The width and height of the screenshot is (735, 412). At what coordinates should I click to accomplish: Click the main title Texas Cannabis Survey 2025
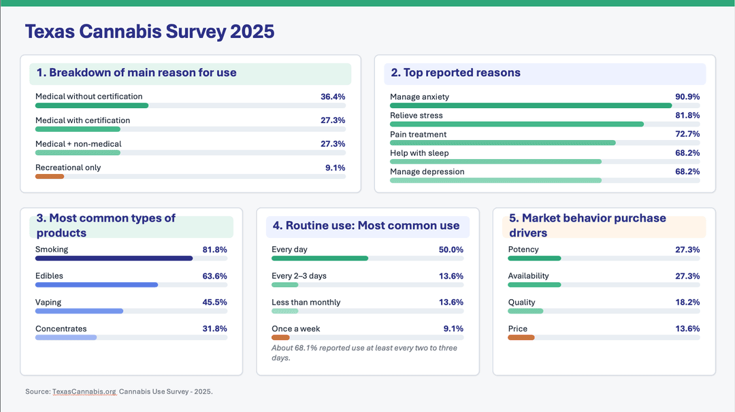150,31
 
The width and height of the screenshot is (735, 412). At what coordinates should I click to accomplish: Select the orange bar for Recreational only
50,177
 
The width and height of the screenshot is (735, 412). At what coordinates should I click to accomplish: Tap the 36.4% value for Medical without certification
333,97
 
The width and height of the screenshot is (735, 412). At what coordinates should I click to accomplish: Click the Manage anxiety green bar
531,105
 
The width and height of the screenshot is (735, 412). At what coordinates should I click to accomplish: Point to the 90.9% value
687,97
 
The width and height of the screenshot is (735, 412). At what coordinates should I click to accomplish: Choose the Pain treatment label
418,135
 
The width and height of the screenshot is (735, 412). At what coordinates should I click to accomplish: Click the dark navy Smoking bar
114,258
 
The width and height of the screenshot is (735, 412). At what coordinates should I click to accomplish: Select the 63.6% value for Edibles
214,276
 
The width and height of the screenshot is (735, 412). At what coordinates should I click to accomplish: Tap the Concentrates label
61,329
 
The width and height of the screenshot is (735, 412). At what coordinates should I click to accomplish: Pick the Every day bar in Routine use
320,258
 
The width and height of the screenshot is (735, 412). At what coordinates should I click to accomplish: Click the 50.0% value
451,250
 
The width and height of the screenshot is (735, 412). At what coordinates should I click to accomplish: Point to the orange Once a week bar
280,338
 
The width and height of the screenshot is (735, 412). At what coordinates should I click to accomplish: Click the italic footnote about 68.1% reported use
364,352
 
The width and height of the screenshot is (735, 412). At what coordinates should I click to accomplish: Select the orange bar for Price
521,338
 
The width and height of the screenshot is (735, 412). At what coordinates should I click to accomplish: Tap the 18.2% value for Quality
687,303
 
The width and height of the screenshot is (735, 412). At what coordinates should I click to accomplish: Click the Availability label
528,276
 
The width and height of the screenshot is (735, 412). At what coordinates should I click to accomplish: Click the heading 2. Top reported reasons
455,73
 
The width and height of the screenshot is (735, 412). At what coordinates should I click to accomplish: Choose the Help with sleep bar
495,162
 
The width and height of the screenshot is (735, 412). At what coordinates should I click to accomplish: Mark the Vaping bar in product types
79,311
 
